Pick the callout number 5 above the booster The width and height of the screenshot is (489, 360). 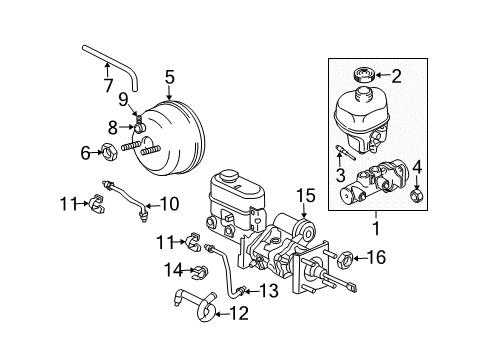(x=170, y=75)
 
